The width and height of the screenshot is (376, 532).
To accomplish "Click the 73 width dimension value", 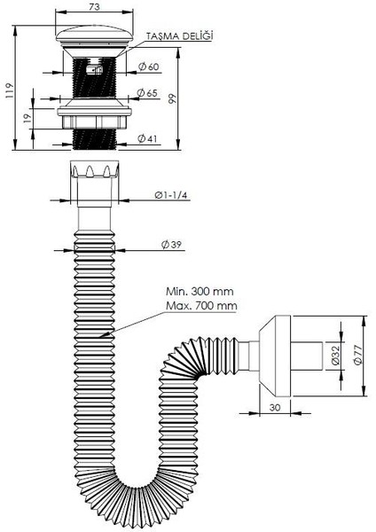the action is (x=94, y=6).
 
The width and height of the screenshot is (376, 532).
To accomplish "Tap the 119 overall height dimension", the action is (x=9, y=90).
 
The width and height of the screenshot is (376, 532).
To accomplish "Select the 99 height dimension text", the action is (x=173, y=98).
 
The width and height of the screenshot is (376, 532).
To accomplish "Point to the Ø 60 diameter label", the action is (x=149, y=66).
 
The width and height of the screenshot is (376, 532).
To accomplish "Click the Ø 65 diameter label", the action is (x=147, y=92).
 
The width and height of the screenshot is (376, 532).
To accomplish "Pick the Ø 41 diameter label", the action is (x=147, y=138).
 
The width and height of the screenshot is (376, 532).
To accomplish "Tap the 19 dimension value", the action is (x=27, y=117).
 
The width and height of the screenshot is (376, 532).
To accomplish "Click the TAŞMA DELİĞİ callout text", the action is (x=179, y=36).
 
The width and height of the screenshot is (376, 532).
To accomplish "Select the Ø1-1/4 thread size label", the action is (x=170, y=195).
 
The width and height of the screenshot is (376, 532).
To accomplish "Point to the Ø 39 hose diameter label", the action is (x=172, y=245).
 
